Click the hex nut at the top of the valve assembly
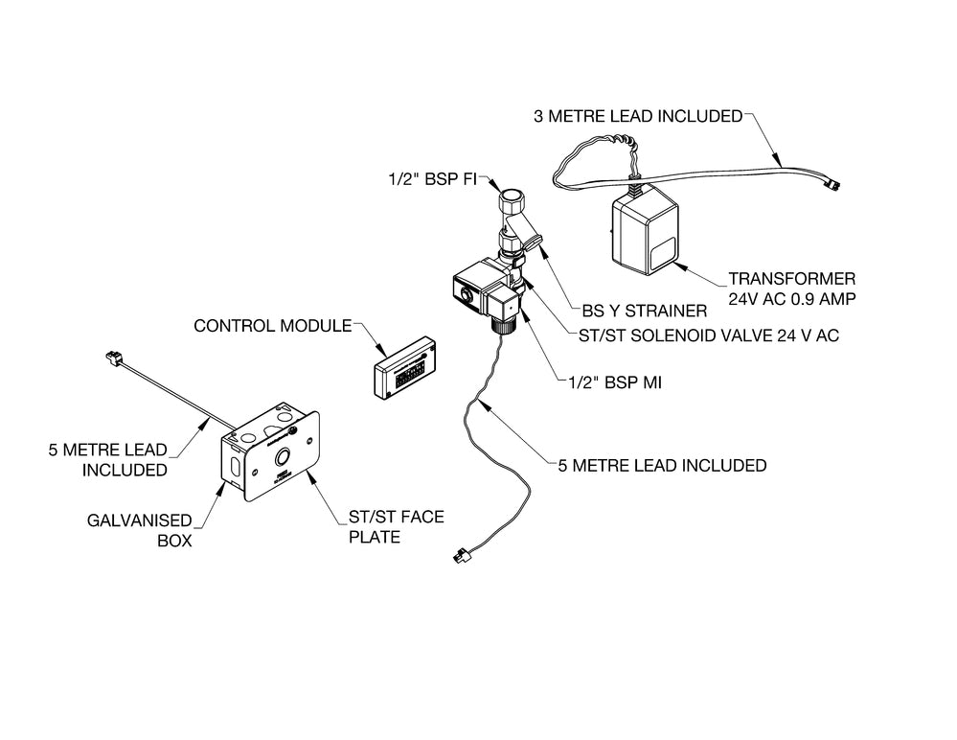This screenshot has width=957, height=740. click(513, 204)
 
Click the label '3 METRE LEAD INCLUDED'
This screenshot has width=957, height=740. click(637, 116)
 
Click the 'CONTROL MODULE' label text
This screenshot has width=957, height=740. click(272, 325)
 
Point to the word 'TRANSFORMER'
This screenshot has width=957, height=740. click(791, 279)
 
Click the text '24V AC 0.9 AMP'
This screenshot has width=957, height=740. click(791, 298)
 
